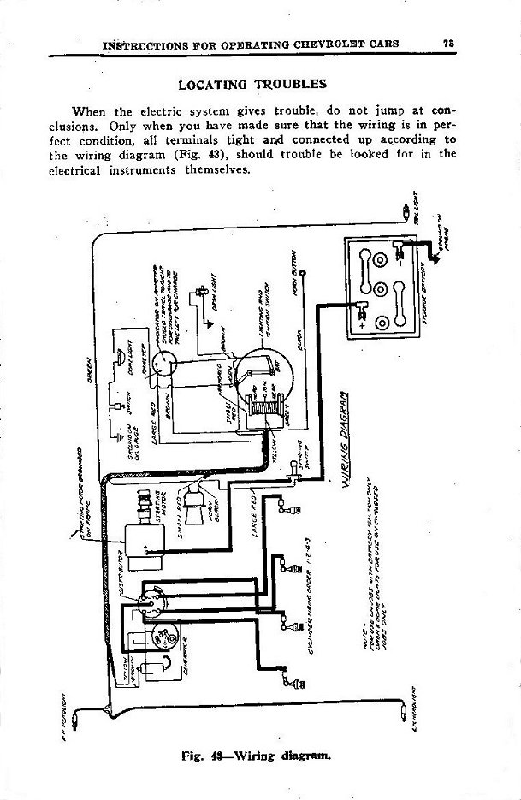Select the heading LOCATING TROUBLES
click(251, 85)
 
